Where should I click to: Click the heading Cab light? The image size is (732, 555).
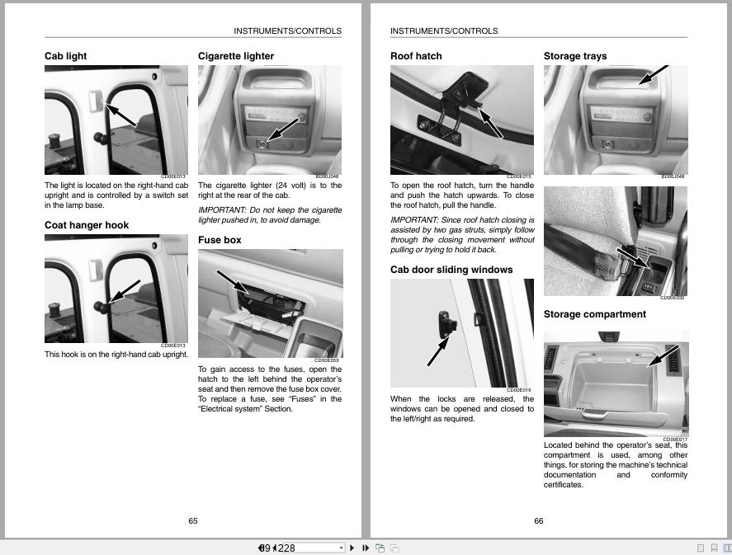click(66, 56)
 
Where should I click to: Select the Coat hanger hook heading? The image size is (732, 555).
click(87, 225)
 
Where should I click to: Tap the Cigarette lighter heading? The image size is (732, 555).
click(236, 56)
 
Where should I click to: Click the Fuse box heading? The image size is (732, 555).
click(220, 240)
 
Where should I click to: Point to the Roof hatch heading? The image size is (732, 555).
click(416, 56)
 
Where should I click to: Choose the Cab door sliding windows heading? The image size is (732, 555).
click(451, 270)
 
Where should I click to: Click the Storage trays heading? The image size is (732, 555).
click(575, 56)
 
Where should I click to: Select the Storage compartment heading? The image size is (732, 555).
click(594, 314)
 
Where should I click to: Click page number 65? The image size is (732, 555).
click(193, 520)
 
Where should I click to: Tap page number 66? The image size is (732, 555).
click(539, 520)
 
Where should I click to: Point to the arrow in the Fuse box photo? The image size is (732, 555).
click(233, 280)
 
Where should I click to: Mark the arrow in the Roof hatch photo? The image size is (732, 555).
click(490, 124)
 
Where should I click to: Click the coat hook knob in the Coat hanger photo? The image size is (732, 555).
click(99, 307)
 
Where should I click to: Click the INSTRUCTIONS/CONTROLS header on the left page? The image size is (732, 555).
click(287, 31)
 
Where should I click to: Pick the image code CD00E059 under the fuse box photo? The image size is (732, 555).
click(327, 360)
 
